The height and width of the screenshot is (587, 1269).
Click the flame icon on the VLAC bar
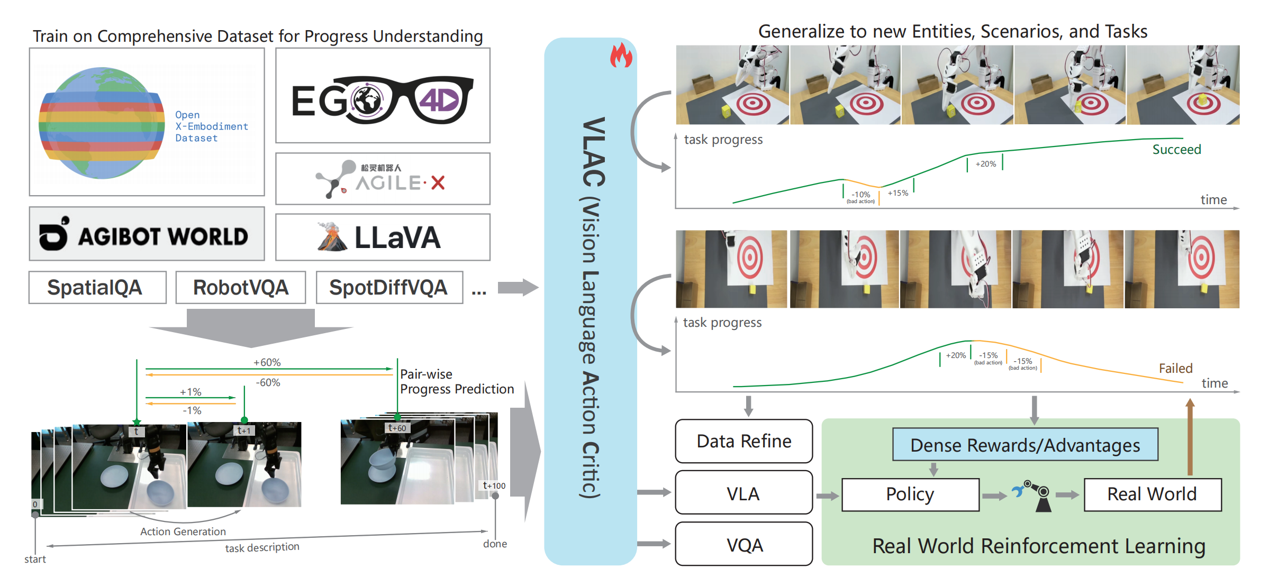(621, 56)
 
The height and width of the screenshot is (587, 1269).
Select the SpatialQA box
(97, 288)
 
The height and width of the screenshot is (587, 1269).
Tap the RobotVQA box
(240, 288)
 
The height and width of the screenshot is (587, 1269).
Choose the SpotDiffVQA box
(389, 288)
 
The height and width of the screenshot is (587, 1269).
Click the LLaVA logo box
(382, 237)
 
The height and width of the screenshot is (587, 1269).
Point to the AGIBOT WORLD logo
(146, 234)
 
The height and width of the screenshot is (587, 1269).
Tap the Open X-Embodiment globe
(102, 123)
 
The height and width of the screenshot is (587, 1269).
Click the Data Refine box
(744, 441)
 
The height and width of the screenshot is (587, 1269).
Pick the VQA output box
(744, 545)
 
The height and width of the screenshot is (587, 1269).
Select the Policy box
(910, 494)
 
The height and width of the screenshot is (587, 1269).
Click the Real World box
(1152, 494)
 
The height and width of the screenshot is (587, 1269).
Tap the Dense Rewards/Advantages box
(1025, 445)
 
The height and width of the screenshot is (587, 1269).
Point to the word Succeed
(1176, 150)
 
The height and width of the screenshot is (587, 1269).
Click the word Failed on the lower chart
(1175, 369)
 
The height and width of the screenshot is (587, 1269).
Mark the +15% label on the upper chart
(898, 193)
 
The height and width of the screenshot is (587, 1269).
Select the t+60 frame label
(397, 428)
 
